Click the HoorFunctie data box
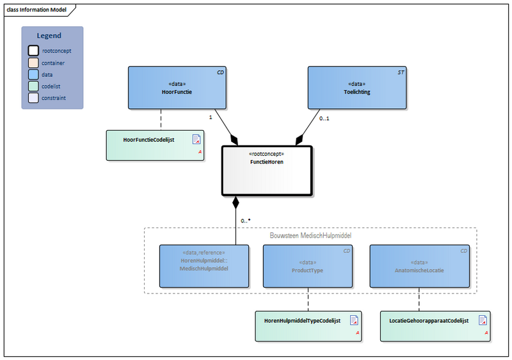(177, 87)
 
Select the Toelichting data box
(357, 87)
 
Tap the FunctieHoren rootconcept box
(266, 170)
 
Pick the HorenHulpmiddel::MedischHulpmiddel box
(204, 266)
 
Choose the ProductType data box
(308, 266)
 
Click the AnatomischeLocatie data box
(420, 266)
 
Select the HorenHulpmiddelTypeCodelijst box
(308, 325)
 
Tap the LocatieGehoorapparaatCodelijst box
(435, 325)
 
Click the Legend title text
(49, 36)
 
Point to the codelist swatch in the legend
(33, 86)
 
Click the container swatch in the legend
(33, 63)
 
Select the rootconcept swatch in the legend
(33, 51)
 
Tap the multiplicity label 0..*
(246, 220)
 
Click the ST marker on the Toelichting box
(401, 72)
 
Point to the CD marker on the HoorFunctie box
(220, 72)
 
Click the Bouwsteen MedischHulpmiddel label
(311, 234)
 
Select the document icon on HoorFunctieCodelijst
(196, 139)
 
